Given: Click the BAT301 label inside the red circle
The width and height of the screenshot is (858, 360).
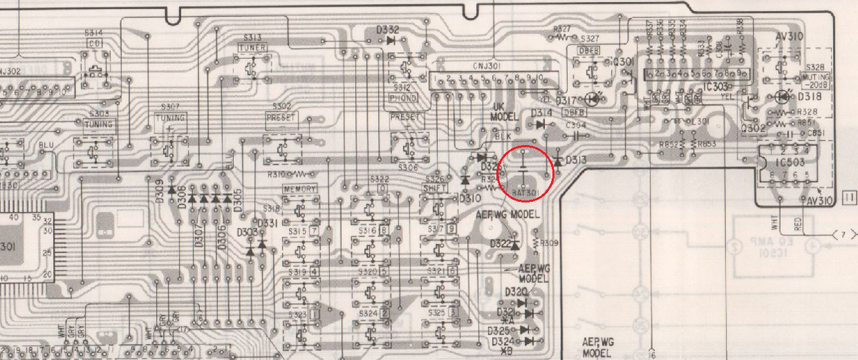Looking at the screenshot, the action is click(526, 192).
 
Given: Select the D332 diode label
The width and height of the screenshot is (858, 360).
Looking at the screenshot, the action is click(387, 30).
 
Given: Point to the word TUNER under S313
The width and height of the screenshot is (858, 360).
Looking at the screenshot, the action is click(253, 48).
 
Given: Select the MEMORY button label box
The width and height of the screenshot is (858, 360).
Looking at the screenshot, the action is click(299, 189).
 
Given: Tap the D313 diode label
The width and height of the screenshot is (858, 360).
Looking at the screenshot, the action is click(576, 160).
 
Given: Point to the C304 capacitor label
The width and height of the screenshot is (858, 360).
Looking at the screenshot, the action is click(576, 125).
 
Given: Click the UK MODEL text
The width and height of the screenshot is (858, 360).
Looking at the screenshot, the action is click(505, 112).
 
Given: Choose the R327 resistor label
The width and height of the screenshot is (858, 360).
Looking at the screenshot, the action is click(562, 29).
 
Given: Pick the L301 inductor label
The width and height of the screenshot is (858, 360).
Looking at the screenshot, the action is click(700, 121).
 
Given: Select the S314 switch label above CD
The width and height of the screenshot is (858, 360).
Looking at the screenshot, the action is click(94, 33).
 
